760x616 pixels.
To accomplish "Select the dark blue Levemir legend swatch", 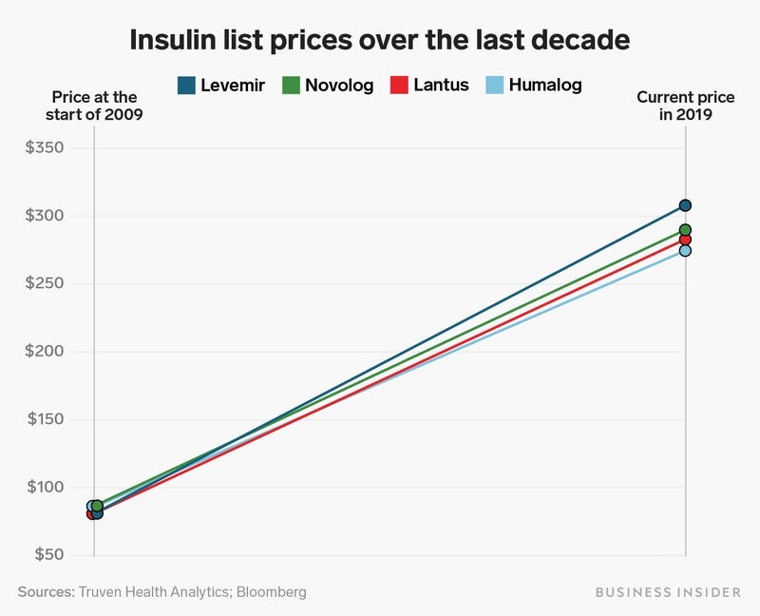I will (187, 86).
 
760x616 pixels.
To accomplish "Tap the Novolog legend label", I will (339, 86).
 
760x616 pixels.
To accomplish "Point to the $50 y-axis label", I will (44, 555).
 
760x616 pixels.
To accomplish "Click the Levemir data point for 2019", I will (685, 205).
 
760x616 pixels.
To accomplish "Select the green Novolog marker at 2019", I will (685, 230).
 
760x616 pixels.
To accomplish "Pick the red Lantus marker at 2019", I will (685, 240).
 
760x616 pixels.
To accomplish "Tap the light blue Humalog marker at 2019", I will (685, 251).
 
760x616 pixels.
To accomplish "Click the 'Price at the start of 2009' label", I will (93, 106).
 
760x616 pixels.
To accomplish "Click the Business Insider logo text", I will (668, 591).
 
